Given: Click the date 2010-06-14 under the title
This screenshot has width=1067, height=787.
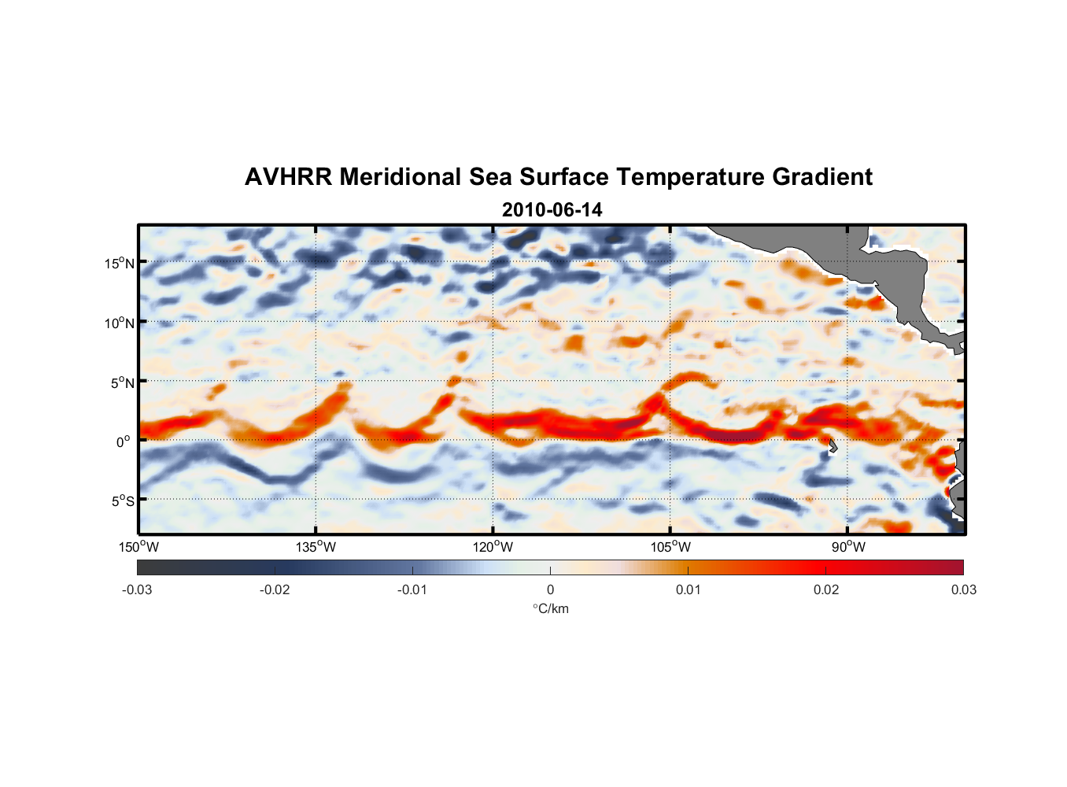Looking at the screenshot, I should point(552,210).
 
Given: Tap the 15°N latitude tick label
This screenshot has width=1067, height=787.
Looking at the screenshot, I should point(120,263).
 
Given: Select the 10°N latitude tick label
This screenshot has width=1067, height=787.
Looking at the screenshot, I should point(120,323).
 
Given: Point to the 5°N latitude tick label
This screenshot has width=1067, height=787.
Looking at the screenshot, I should point(122,382).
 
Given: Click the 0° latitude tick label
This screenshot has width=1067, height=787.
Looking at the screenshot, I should point(124,442).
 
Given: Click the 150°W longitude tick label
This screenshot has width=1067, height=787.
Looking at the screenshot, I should point(138,547).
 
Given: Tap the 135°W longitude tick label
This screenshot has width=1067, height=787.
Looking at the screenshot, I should point(316,547).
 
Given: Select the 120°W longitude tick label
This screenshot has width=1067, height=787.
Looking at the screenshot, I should point(493,547).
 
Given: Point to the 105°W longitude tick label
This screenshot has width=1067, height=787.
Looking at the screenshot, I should point(670,547).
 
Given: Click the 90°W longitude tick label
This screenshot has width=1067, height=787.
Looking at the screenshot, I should point(848,547).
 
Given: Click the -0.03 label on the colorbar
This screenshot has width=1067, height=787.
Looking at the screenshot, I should point(137,589).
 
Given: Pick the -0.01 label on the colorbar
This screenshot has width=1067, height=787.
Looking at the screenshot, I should point(412,589).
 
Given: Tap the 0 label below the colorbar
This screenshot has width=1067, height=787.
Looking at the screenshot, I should point(550,589).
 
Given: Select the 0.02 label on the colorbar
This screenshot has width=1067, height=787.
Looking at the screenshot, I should point(826,589).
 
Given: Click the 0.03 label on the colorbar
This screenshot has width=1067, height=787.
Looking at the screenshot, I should point(963,589).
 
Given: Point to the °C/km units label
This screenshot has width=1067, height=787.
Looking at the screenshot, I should point(551,608).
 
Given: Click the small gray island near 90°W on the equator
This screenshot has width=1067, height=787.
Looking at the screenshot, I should point(833,446).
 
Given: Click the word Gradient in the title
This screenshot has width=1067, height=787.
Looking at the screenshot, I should point(822,177).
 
